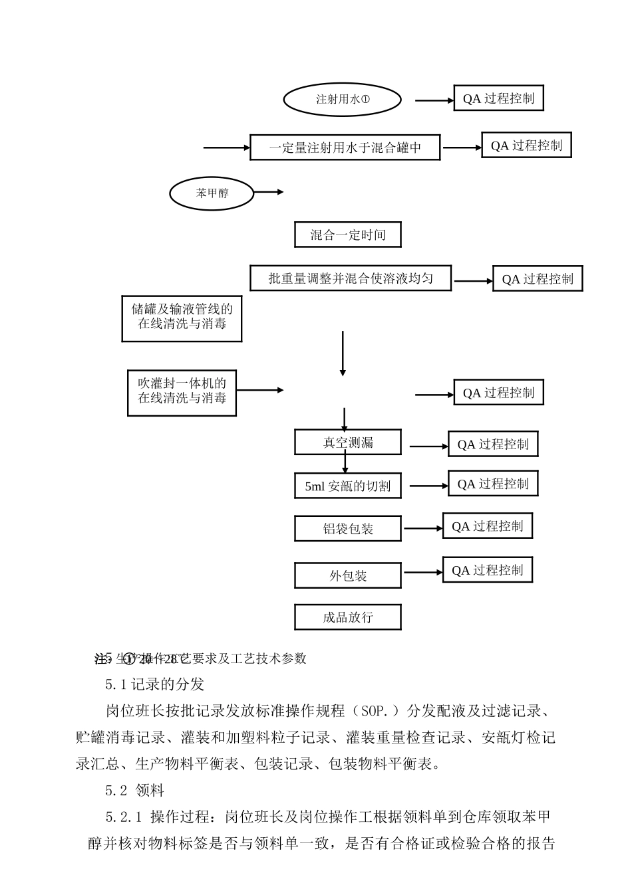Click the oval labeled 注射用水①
tap(343, 100)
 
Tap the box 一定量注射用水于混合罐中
tap(345, 148)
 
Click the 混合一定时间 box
tap(347, 235)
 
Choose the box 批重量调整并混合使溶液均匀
tap(351, 278)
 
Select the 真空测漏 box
tap(347, 443)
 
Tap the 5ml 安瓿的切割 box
tap(347, 486)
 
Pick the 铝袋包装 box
tap(347, 529)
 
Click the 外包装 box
tap(347, 575)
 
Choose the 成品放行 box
tap(347, 617)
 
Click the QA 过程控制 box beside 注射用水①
tap(498, 99)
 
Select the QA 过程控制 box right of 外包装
tap(488, 570)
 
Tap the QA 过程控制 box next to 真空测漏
tap(493, 445)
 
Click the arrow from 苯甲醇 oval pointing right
tap(269, 193)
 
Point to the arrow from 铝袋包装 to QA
tap(423, 529)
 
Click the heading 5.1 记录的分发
tap(154, 684)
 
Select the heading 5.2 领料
tap(134, 791)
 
